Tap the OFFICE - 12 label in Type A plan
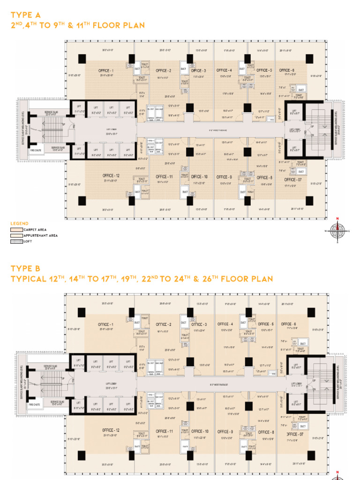111,176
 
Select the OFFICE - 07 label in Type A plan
290,180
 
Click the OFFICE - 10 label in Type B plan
200,431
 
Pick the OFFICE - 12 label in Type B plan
111,430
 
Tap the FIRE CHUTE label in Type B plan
34,404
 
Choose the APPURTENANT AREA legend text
40,235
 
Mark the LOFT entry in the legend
28,241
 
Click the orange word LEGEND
20,224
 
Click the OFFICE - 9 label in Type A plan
225,177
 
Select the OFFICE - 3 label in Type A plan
199,70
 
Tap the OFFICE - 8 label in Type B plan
266,432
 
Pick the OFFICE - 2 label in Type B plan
164,324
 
